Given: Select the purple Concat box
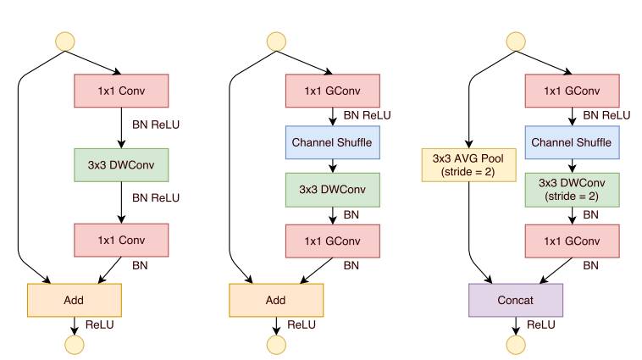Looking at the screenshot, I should (x=515, y=299).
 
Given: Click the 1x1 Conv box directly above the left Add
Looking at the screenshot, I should (x=121, y=240).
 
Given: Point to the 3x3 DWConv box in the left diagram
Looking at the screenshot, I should (x=121, y=165).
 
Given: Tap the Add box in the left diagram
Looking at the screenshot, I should (x=75, y=299).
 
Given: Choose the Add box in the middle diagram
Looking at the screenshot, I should (x=276, y=299).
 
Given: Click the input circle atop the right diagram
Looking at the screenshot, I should (x=515, y=41).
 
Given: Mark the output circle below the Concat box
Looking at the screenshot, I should (x=515, y=344).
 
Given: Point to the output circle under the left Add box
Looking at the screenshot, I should (x=75, y=344).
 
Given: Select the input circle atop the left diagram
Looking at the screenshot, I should (x=65, y=41).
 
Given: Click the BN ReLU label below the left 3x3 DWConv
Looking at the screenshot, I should (x=155, y=198).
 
